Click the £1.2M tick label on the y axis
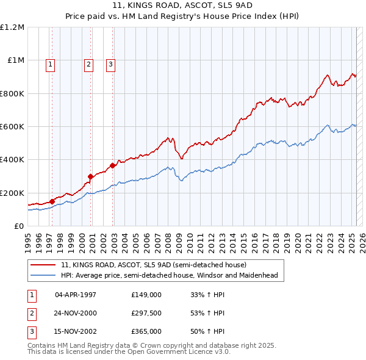(12, 27)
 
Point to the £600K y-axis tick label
(12, 127)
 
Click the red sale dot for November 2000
(91, 177)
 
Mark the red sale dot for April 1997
(52, 201)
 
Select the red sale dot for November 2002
(112, 165)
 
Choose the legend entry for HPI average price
(169, 275)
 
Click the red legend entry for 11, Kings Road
(153, 265)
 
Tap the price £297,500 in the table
(146, 313)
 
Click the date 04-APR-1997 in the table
(76, 295)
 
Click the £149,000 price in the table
(146, 295)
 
